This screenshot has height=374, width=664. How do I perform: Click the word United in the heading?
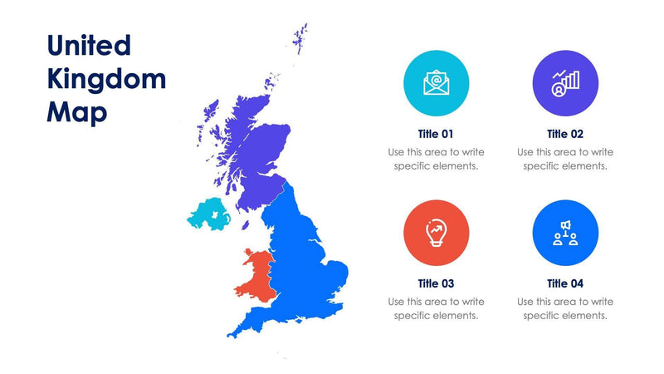click(89, 46)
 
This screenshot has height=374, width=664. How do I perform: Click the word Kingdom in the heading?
click(106, 79)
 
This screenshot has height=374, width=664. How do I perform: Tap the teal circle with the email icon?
click(436, 83)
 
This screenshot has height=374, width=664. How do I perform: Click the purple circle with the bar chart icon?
click(565, 83)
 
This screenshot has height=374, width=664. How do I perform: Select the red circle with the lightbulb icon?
click(436, 233)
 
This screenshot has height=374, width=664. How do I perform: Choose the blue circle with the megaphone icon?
click(565, 233)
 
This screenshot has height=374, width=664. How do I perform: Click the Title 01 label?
click(436, 134)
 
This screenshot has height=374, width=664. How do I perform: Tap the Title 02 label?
click(565, 134)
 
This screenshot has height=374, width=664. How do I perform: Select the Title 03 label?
click(436, 283)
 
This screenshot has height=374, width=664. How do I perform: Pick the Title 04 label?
click(565, 283)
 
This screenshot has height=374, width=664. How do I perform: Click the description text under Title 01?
click(436, 159)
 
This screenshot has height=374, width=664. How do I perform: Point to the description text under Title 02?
click(565, 159)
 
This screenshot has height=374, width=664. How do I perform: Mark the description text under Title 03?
click(436, 308)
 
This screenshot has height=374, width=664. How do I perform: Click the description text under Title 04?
click(565, 308)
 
